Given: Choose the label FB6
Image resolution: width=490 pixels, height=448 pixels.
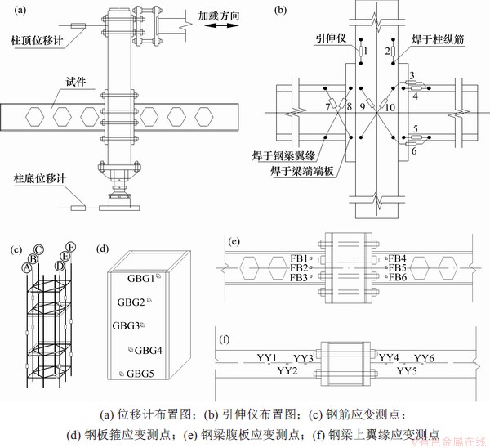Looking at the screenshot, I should (x=398, y=278).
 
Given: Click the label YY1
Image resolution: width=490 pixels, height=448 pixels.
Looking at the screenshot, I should (x=266, y=358).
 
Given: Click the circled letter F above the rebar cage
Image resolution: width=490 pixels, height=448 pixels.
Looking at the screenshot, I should (x=72, y=245).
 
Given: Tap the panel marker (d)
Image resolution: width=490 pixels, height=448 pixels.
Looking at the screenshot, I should (x=101, y=246).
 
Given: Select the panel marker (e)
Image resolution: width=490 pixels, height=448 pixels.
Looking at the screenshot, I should (x=235, y=242).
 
